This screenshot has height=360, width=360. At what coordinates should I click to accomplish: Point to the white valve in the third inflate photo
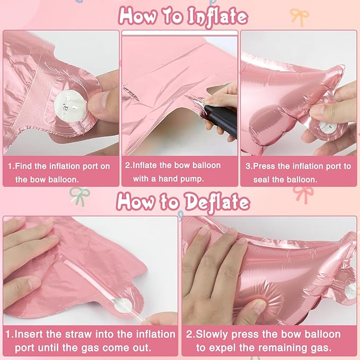click(324, 127)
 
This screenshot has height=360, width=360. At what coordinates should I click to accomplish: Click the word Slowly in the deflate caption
click(218, 334)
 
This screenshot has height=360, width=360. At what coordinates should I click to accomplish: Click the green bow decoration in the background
click(78, 197)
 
